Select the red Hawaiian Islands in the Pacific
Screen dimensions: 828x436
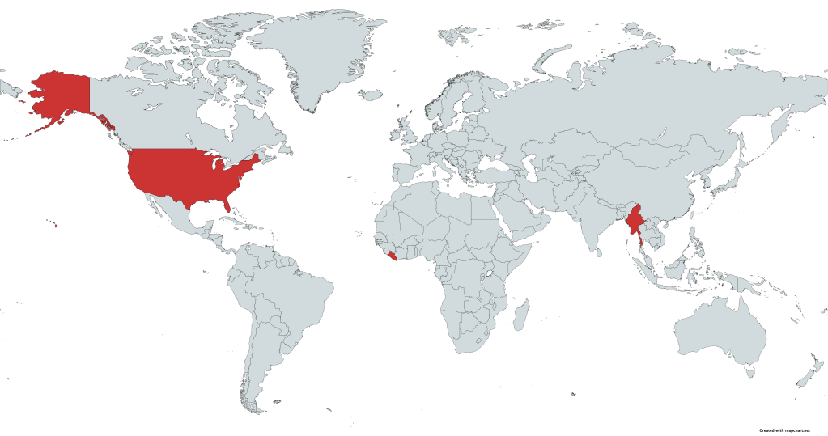pyautogui.click(x=55, y=226)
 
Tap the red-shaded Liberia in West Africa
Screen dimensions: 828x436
pyautogui.click(x=393, y=257)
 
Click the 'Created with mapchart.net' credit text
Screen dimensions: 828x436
pyautogui.click(x=784, y=430)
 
